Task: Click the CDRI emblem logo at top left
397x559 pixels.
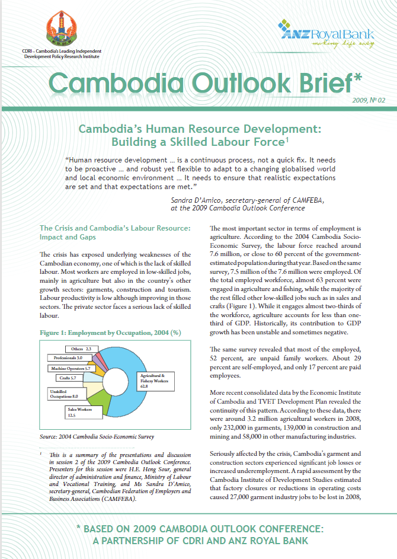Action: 65,30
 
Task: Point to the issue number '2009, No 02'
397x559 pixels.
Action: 369,100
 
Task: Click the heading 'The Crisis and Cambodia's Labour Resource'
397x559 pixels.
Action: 114,228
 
